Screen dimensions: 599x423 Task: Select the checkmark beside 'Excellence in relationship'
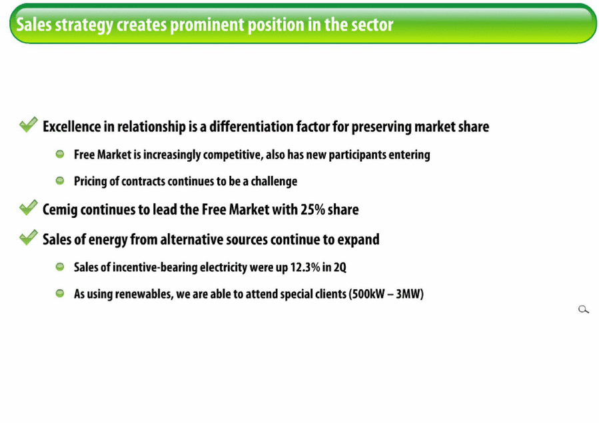pos(29,125)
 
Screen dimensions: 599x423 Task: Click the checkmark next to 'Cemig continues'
pos(29,207)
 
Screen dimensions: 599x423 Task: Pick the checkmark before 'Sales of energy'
pos(29,237)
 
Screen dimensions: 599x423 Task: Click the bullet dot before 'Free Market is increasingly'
pos(60,155)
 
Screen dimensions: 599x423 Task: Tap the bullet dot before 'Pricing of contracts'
pos(60,181)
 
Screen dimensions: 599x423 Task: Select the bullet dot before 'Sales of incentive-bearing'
pos(60,266)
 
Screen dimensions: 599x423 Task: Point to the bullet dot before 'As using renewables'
pos(60,293)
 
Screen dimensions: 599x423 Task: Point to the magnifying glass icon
pos(583,309)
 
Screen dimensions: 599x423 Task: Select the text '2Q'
pos(340,268)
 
